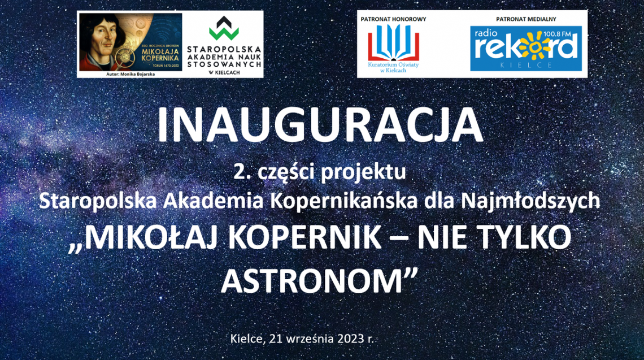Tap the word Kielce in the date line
pyautogui.click(x=246, y=339)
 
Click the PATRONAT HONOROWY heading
pyautogui.click(x=393, y=19)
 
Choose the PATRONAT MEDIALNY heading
pyautogui.click(x=526, y=19)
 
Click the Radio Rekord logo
pyautogui.click(x=525, y=50)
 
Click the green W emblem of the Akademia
pyautogui.click(x=224, y=28)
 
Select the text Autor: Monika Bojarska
pyautogui.click(x=130, y=74)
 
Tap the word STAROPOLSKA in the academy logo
pyautogui.click(x=224, y=50)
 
